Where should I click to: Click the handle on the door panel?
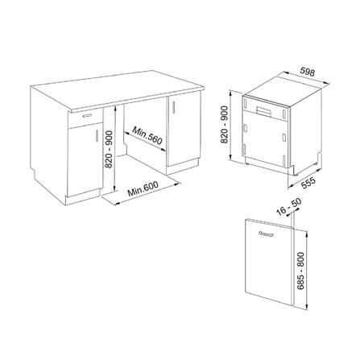pyautogui.click(x=266, y=234)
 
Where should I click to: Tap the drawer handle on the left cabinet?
pyautogui.click(x=85, y=116)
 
